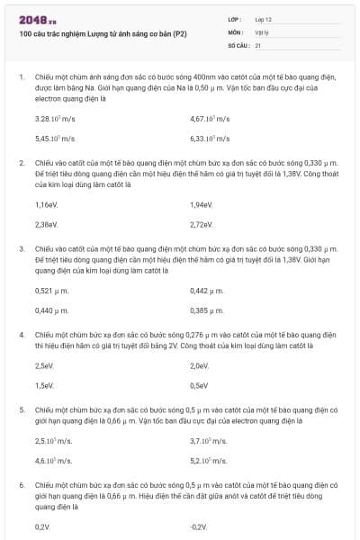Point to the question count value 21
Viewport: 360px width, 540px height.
(x=258, y=44)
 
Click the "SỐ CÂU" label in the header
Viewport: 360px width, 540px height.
(x=238, y=44)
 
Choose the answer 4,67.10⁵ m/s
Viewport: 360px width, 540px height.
(x=211, y=119)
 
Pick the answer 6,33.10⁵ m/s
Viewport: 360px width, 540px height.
(x=211, y=139)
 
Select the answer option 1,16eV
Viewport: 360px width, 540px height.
(x=46, y=204)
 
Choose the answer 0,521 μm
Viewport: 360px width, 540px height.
(x=51, y=290)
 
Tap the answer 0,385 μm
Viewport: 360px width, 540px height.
(x=207, y=310)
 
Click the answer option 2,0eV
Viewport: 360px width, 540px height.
(x=200, y=365)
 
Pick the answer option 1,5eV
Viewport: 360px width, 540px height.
(x=44, y=385)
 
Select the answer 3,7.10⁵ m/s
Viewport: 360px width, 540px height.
(x=208, y=441)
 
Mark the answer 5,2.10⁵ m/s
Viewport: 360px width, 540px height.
(x=208, y=461)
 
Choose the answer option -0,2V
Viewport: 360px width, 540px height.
(x=199, y=526)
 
